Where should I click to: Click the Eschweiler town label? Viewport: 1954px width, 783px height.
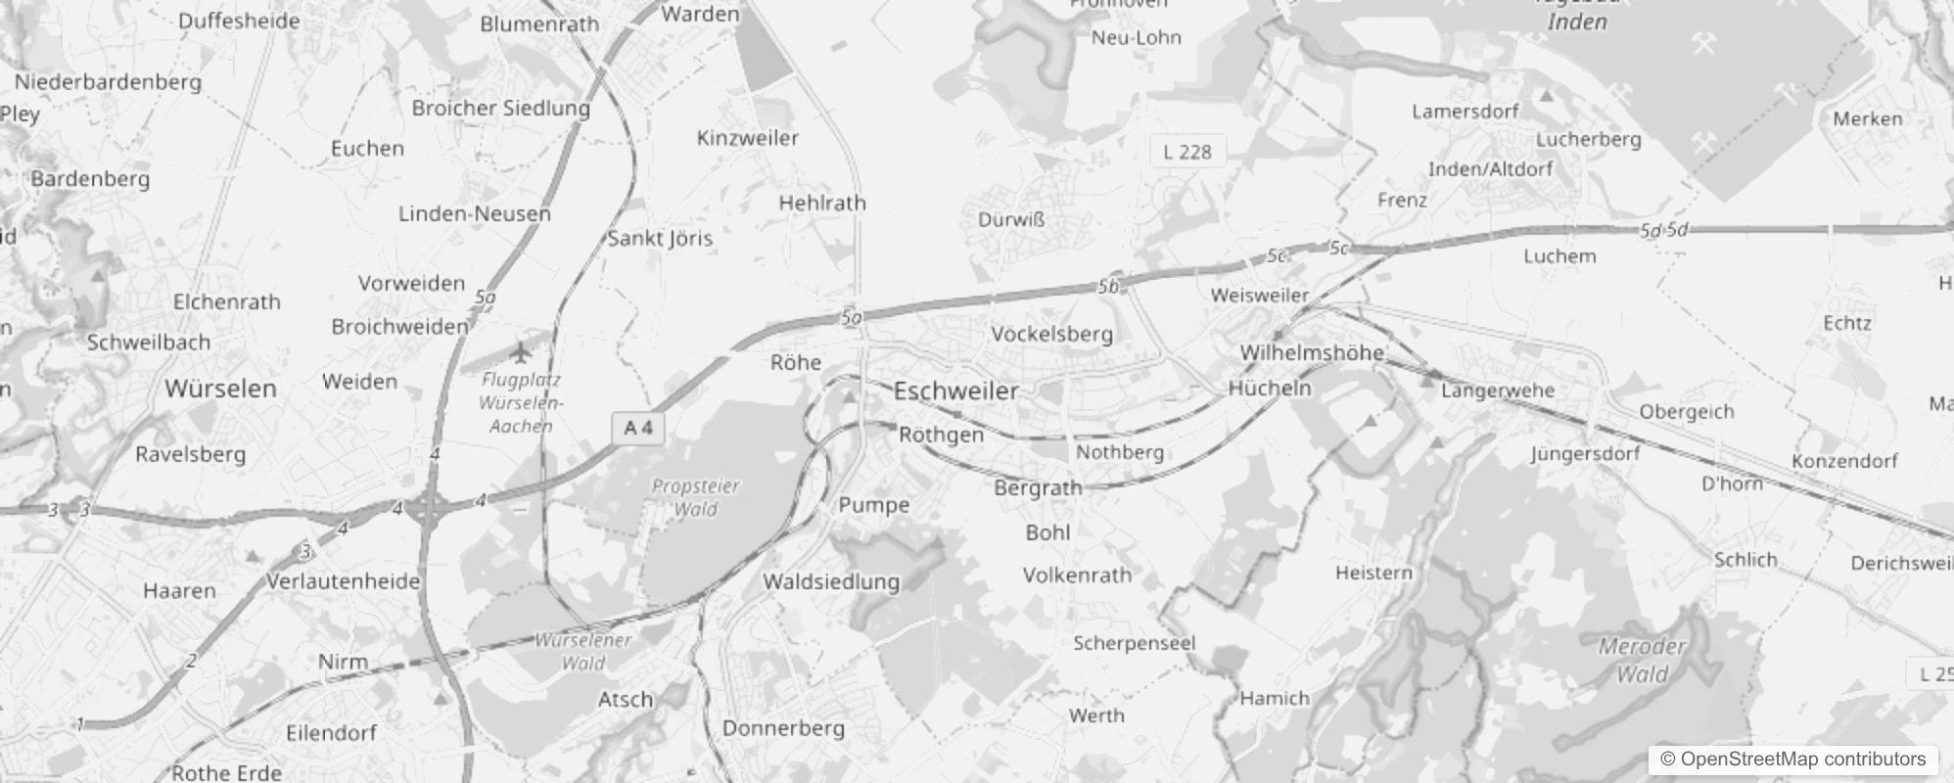click(x=956, y=391)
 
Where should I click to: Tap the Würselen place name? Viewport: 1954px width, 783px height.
click(x=220, y=389)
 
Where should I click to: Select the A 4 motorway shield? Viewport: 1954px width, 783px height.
click(x=638, y=428)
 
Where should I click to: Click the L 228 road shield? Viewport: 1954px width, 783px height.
click(x=1186, y=152)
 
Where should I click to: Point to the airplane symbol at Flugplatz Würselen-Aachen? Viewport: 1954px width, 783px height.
click(x=520, y=350)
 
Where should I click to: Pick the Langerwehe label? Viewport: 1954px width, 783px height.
click(x=1498, y=391)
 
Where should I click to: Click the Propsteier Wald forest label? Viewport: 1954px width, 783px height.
click(x=695, y=497)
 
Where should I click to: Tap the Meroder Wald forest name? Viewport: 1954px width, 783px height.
click(x=1642, y=660)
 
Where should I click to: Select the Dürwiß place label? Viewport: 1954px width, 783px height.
click(x=1011, y=220)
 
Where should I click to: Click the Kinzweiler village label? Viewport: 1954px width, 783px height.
click(x=747, y=138)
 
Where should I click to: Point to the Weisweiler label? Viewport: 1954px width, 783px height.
click(x=1259, y=295)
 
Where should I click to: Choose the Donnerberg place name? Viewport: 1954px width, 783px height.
click(x=782, y=728)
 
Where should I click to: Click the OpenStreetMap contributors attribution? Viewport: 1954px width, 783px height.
click(x=1792, y=760)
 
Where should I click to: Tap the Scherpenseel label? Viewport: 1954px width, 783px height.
click(x=1134, y=643)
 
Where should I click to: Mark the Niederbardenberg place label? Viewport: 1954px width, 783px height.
click(x=108, y=82)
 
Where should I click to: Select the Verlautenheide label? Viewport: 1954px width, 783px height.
click(x=343, y=581)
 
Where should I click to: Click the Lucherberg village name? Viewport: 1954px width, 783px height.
click(x=1588, y=139)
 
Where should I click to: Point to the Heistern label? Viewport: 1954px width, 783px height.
click(x=1373, y=573)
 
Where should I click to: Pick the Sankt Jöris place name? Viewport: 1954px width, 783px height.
click(x=660, y=238)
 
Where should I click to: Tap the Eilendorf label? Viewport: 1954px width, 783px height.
click(x=331, y=733)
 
